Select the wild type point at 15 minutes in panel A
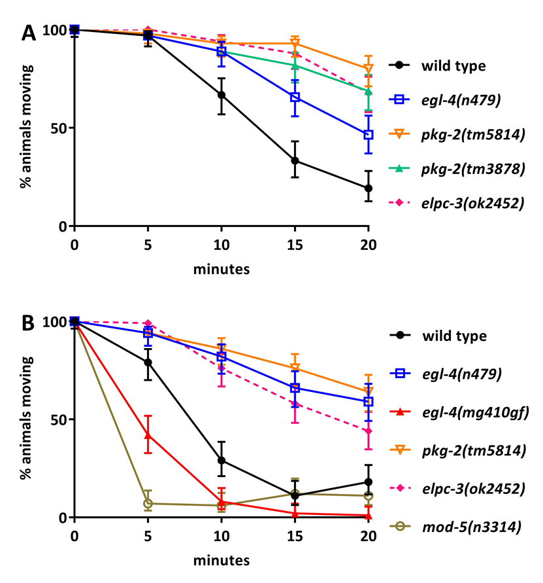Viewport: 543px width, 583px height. (295, 160)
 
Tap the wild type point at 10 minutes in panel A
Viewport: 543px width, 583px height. (222, 95)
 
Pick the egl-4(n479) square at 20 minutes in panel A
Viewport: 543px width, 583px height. (369, 135)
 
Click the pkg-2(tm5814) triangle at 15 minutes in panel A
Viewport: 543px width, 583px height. (295, 44)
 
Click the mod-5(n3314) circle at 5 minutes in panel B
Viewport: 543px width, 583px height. (148, 503)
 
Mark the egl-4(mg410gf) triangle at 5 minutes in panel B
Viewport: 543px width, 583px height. (148, 434)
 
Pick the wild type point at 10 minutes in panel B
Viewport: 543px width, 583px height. (222, 460)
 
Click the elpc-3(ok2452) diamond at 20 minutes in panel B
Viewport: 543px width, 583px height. (369, 431)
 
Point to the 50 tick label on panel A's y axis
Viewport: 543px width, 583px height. (58, 128)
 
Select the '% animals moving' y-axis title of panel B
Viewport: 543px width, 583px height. (25, 419)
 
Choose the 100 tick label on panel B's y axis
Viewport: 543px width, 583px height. (53, 321)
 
